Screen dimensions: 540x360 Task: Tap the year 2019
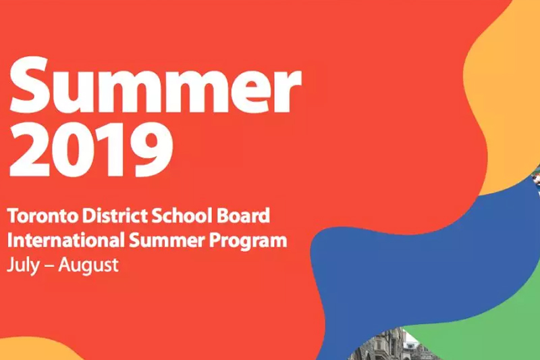pos(90,149)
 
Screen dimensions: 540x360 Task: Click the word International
pos(65,240)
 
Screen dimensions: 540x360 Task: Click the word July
pos(23,265)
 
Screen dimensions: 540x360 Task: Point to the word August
pos(88,265)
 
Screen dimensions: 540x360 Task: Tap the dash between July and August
pos(49,267)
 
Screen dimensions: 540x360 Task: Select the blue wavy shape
pos(413,276)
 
